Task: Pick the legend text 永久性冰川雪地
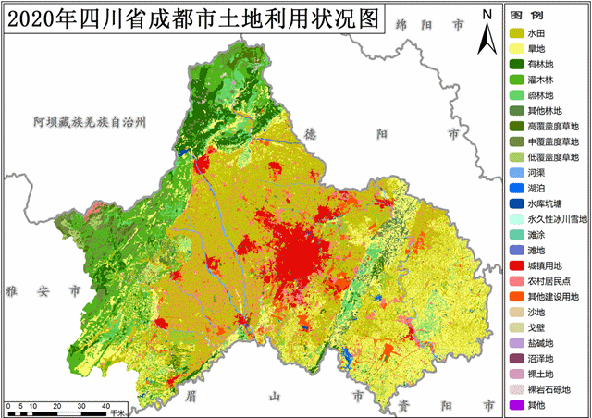tap(553, 219)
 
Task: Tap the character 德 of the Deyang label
tap(311, 134)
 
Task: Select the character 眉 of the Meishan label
tap(191, 395)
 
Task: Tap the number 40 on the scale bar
tap(81, 406)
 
